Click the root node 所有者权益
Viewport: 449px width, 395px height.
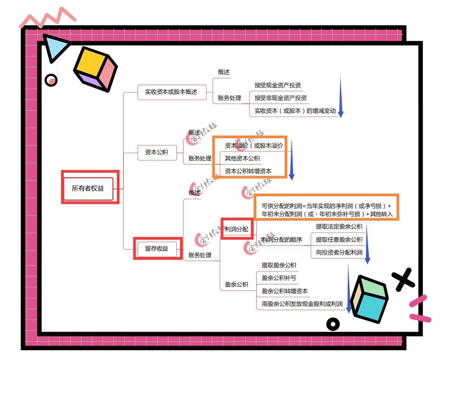[88, 188]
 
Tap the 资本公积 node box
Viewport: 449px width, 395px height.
[156, 152]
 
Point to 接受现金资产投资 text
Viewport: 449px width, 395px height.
[277, 85]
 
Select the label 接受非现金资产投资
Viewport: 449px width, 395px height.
[281, 98]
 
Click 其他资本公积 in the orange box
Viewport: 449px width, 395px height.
[242, 158]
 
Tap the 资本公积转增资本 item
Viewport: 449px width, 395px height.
[248, 171]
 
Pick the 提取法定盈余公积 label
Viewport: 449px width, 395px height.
[339, 227]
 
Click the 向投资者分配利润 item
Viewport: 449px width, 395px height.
[339, 252]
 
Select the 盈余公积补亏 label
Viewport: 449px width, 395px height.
[279, 278]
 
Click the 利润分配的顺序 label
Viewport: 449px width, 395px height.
[282, 240]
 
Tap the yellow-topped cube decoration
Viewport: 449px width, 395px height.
[95, 69]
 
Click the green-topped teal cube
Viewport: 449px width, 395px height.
[369, 297]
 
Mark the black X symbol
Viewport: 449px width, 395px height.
[404, 279]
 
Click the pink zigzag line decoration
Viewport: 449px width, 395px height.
[47, 18]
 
